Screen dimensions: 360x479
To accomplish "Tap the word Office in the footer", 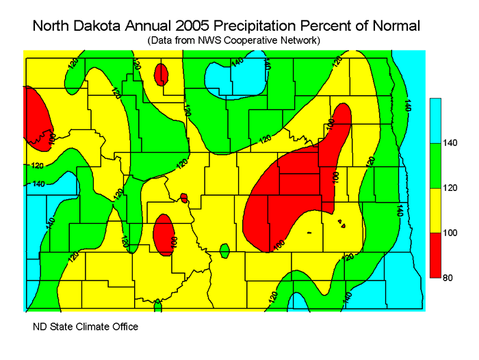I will click(x=124, y=326).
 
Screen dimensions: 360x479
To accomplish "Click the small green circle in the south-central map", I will click(x=224, y=250).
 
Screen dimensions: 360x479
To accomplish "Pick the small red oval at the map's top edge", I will click(x=161, y=73).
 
